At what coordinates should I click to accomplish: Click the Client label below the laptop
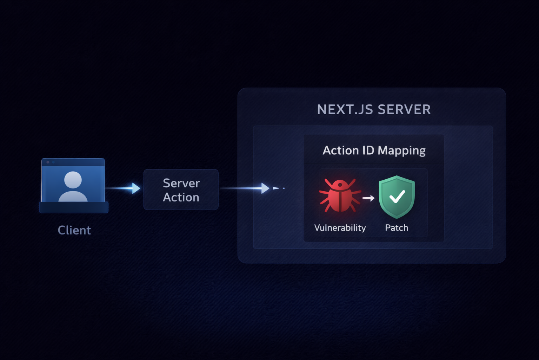[74, 230]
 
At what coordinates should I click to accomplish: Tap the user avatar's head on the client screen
[73, 180]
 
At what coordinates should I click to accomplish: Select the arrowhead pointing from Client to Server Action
[136, 188]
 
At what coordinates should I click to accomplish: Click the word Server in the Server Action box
[181, 183]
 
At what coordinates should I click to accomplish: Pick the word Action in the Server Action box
[181, 198]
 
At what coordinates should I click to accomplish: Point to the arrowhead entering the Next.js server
[265, 188]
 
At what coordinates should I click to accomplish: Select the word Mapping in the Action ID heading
[402, 151]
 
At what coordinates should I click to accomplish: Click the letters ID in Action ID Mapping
[368, 150]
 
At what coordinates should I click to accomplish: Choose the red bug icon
[339, 196]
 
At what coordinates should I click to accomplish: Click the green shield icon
[397, 197]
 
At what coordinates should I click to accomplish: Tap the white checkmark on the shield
[397, 197]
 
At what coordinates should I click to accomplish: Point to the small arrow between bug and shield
[368, 198]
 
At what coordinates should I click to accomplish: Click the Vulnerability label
[340, 228]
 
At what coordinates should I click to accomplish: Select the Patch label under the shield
[397, 228]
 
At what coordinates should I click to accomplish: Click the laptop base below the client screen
[74, 207]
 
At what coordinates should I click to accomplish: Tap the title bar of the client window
[73, 162]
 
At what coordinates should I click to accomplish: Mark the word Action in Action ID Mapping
[340, 150]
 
